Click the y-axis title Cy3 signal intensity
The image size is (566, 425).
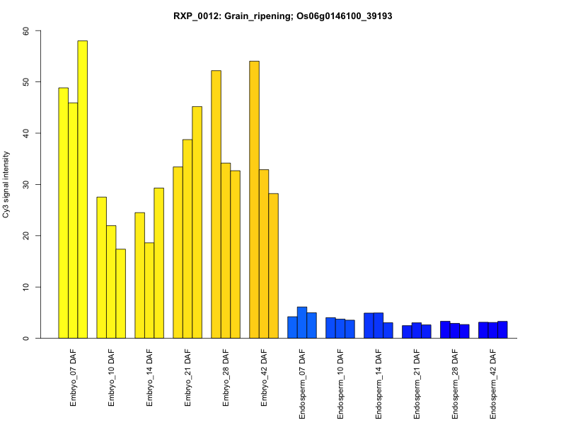point(6,184)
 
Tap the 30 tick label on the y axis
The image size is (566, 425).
point(26,185)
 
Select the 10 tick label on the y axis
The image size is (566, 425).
point(26,287)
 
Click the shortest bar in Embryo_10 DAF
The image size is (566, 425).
point(120,293)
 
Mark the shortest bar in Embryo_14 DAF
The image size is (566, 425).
point(149,290)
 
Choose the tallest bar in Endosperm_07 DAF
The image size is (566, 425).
point(302,322)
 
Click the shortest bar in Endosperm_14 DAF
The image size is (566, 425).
point(388,330)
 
